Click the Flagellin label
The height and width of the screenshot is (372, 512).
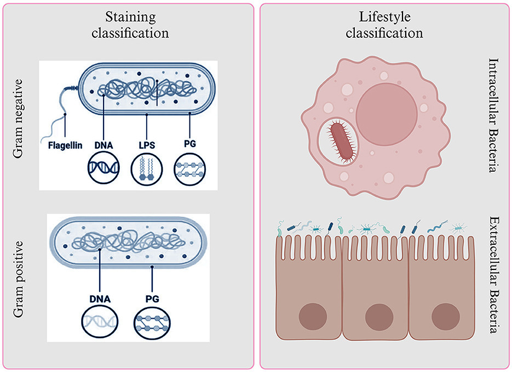64,145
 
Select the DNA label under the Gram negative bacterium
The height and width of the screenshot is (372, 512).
103,145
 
